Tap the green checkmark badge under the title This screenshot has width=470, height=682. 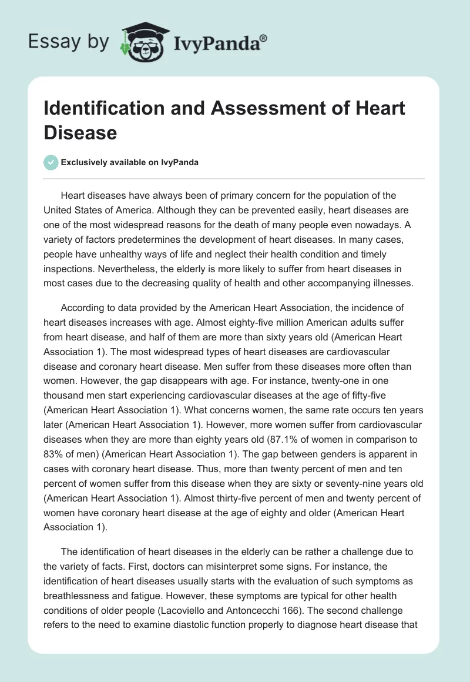coord(51,162)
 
